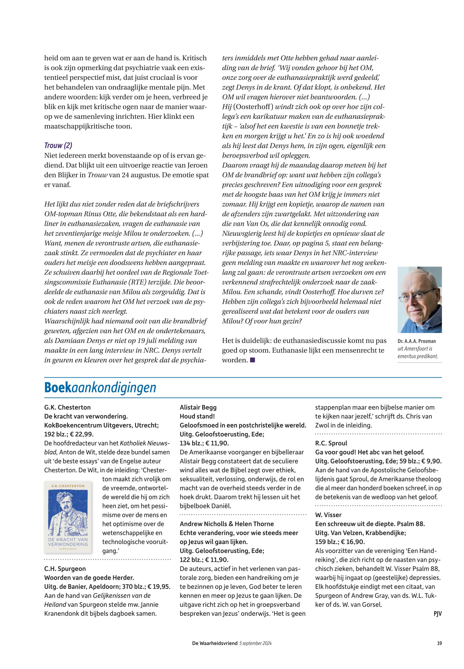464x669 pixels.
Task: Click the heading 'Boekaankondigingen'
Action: click(100, 388)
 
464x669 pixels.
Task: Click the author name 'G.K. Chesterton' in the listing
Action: click(67, 407)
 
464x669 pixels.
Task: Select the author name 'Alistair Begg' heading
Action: click(198, 407)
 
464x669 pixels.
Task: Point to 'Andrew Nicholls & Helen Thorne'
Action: click(227, 524)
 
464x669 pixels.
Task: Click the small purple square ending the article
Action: click(252, 360)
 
